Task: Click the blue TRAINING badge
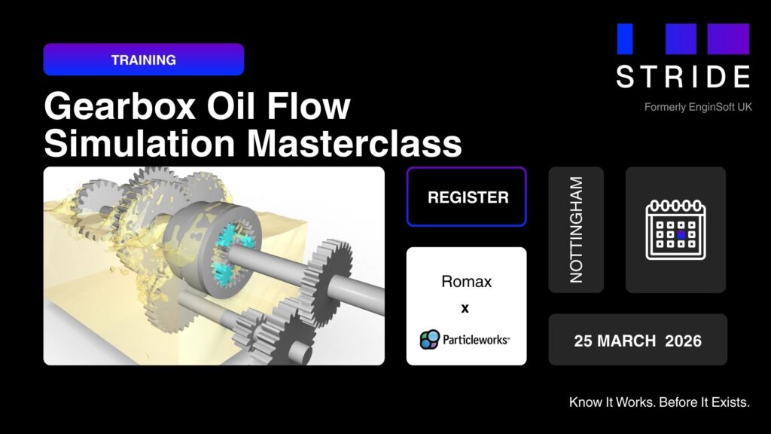point(143,60)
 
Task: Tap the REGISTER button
point(467,197)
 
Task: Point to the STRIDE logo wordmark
point(683,76)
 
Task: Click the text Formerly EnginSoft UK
point(698,107)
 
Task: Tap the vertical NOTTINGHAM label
point(576,230)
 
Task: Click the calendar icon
point(675,229)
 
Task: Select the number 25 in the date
point(585,341)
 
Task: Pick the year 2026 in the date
point(684,341)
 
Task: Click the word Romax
point(466,283)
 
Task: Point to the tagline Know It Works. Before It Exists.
point(660,402)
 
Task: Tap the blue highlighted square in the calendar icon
point(681,235)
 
